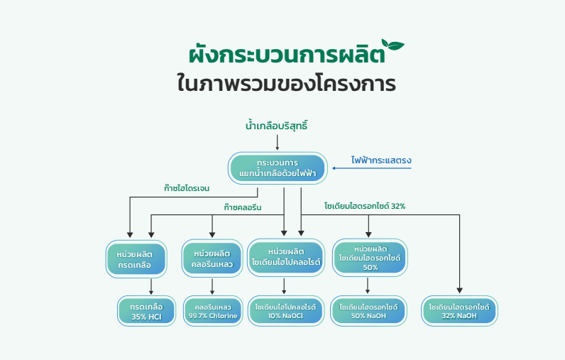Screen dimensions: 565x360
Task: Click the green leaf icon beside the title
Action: pos(393,45)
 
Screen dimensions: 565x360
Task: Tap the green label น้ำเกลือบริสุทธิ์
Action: pos(276,126)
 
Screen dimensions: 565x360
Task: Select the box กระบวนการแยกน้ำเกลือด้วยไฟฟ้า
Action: pos(278,168)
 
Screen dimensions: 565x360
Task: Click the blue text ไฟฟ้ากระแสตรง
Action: pos(381,160)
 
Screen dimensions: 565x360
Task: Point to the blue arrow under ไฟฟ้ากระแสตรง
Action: pos(371,168)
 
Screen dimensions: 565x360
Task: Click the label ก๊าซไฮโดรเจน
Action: pos(186,188)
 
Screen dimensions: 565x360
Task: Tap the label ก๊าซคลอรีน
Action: pos(243,207)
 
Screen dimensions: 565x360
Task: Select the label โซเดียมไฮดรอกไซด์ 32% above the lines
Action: pos(365,206)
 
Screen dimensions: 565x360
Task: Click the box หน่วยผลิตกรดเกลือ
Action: pos(136,259)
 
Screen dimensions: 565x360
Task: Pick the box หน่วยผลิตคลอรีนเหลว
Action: pos(212,258)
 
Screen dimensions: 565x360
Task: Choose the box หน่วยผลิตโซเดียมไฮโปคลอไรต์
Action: pos(286,257)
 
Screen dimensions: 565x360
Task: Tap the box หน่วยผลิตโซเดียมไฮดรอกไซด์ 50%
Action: pos(370,257)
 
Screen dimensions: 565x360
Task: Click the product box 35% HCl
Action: pos(147,311)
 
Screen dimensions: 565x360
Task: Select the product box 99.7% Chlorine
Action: pos(213,311)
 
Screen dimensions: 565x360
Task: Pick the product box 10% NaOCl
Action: pos(286,311)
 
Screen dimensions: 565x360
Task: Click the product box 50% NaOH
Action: pos(368,311)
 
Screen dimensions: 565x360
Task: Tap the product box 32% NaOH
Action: pos(459,311)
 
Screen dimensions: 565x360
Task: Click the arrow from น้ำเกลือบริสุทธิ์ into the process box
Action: pos(277,142)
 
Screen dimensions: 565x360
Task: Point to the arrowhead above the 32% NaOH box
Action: pos(459,290)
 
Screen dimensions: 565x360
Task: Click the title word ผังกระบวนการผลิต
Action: pos(287,55)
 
